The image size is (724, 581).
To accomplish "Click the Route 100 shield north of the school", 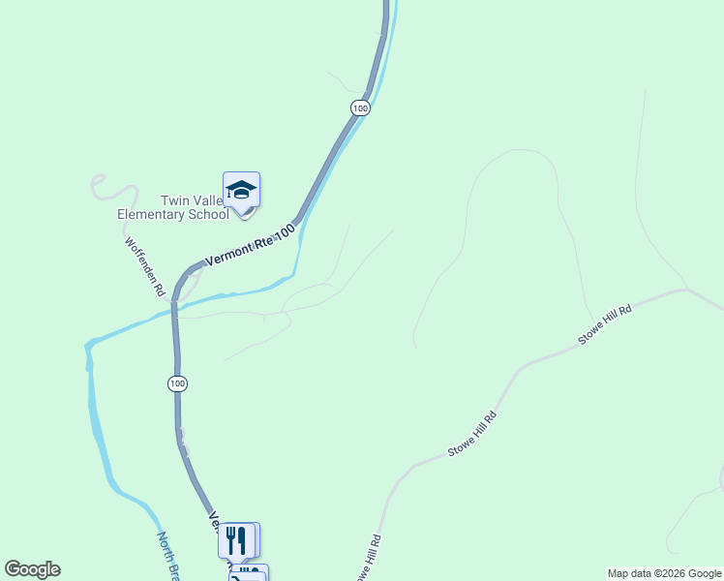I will [360, 107].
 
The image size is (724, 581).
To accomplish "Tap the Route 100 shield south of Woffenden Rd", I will [176, 383].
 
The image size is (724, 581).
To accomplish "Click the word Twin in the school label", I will [179, 201].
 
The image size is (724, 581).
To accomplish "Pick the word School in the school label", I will [210, 215].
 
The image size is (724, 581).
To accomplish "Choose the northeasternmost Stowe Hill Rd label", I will [605, 323].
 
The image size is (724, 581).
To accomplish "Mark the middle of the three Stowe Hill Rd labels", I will [472, 435].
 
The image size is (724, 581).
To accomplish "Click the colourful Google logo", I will [32, 569].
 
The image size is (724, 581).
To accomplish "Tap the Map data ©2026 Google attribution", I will [664, 573].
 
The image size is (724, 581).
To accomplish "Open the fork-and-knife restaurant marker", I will [237, 540].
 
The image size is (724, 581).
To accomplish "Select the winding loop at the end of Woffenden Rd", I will [98, 184].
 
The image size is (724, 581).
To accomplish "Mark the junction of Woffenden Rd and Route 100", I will [174, 298].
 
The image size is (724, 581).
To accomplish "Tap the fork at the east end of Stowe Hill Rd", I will [686, 288].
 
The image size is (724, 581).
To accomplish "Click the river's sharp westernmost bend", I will [88, 344].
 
